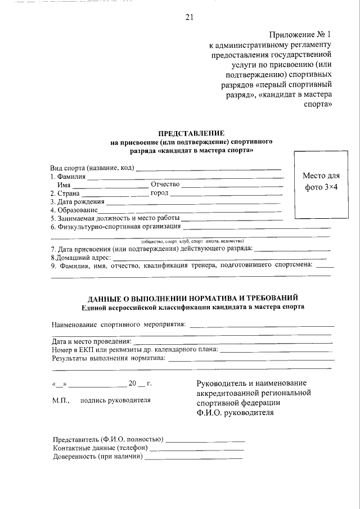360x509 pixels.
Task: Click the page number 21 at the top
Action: coord(189,17)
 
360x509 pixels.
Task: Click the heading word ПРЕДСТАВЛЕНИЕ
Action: coord(191,133)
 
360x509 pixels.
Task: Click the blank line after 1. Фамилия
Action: coord(186,178)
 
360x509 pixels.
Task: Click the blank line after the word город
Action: coord(225,194)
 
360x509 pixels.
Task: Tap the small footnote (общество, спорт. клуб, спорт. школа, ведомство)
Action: coord(191,240)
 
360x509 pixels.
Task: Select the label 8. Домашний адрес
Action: coord(79,256)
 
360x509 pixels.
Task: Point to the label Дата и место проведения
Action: coord(91,341)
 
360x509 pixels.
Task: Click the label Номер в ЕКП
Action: coord(73,349)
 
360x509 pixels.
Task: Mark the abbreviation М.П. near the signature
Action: coord(60,400)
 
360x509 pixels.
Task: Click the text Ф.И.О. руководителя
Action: coord(235,412)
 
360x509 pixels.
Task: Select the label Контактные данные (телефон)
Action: coord(100,448)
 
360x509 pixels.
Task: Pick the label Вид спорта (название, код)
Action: coord(92,168)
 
